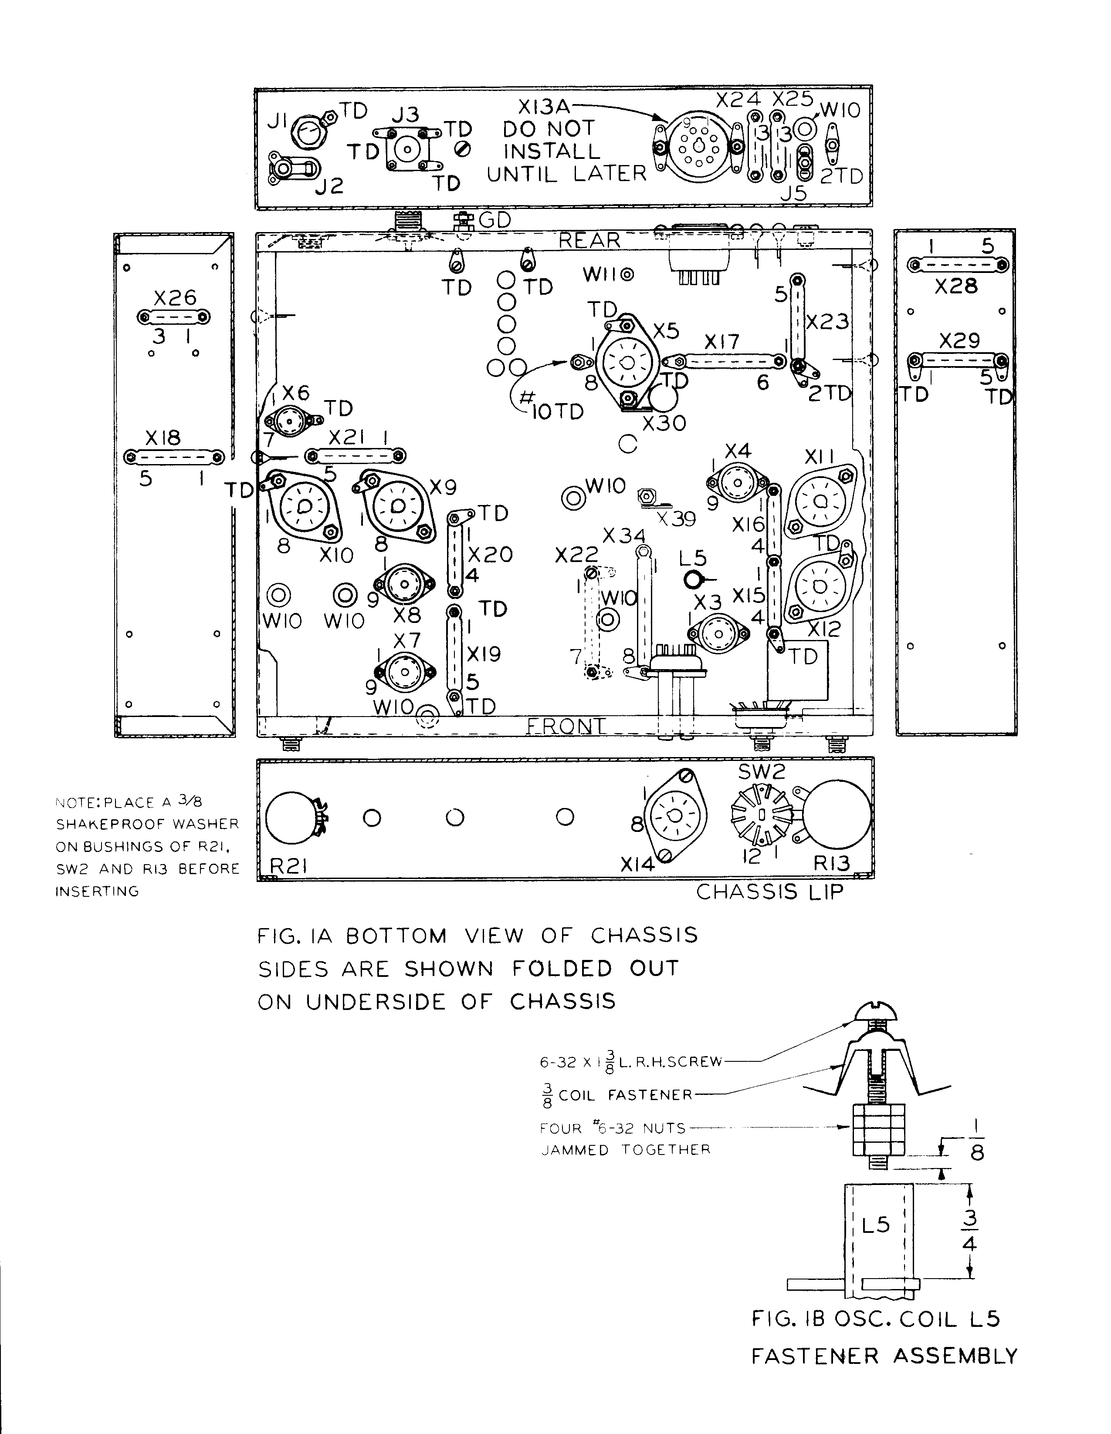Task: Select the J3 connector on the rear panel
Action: pyautogui.click(x=406, y=150)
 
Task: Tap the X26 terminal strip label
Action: pyautogui.click(x=175, y=297)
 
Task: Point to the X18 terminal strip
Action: pyautogui.click(x=174, y=456)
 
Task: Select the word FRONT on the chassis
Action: pyautogui.click(x=566, y=726)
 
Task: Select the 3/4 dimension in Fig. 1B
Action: pyautogui.click(x=969, y=1231)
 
